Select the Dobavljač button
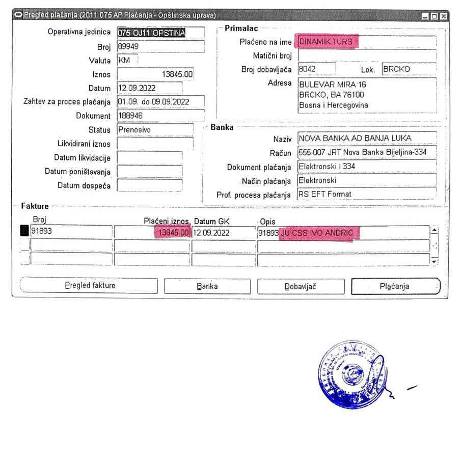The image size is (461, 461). (301, 286)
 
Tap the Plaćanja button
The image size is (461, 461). (395, 286)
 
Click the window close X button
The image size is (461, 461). (444, 16)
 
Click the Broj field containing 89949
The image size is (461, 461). (160, 46)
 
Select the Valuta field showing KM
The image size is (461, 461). (127, 60)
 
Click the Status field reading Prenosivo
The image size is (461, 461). (155, 130)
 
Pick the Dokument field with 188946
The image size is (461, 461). (160, 116)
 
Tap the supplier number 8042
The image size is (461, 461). (316, 69)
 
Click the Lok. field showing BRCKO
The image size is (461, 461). (408, 69)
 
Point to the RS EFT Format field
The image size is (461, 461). (366, 194)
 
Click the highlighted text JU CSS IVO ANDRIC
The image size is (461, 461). (320, 233)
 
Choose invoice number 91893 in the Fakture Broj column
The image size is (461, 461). (71, 232)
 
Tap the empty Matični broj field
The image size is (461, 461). (366, 56)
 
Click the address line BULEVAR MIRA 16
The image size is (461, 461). (333, 84)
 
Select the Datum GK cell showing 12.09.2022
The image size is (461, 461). (224, 233)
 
